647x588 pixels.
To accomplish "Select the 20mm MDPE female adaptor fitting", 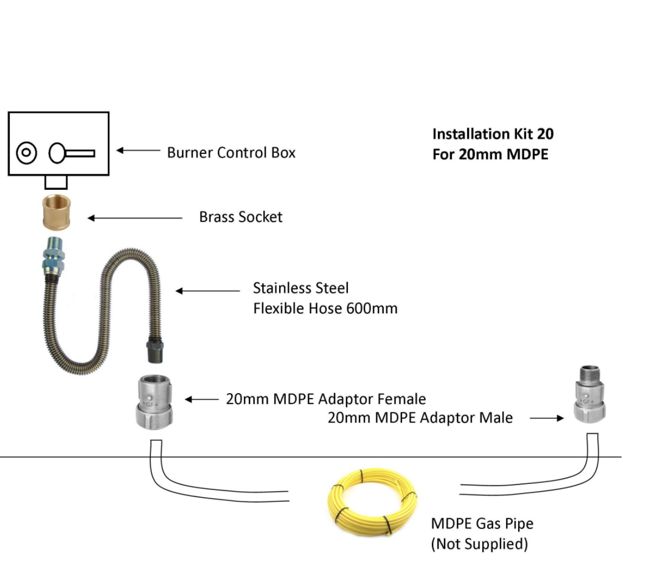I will click(151, 402).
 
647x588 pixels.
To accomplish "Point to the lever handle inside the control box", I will click(72, 153).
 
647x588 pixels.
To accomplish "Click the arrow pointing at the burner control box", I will click(138, 151).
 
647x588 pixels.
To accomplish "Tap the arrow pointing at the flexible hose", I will click(207, 291).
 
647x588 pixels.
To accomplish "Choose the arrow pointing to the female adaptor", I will click(201, 399).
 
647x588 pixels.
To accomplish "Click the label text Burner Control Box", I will click(231, 152).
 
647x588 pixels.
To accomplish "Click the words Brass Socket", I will click(241, 217).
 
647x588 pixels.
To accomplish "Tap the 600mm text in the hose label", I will click(372, 308).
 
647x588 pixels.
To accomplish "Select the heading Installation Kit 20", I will click(493, 134).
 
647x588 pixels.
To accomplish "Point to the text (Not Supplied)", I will click(479, 544).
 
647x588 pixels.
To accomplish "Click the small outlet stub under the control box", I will click(56, 182).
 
